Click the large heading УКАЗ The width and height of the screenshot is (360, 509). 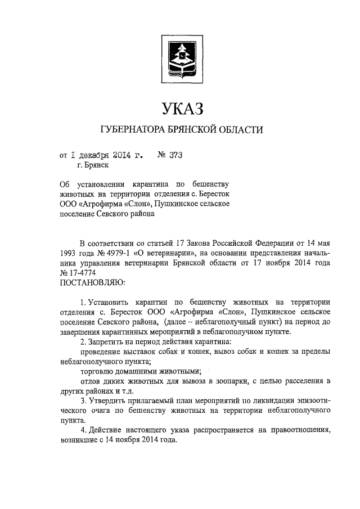(180, 107)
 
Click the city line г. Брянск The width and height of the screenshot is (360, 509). (93, 165)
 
